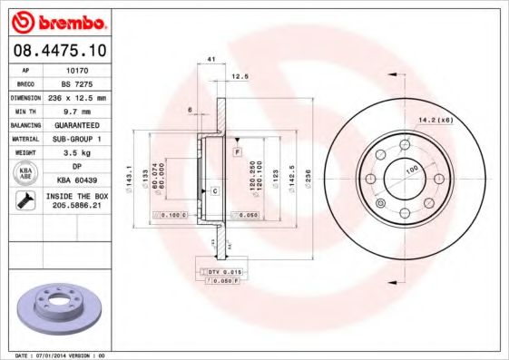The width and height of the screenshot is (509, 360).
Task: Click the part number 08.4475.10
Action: click(x=61, y=49)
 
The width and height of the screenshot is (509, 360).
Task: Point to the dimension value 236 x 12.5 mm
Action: click(x=77, y=96)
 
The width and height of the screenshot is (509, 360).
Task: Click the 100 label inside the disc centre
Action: click(x=410, y=170)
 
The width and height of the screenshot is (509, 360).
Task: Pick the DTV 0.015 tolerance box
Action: click(x=221, y=272)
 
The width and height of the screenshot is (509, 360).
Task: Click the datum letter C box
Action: click(x=214, y=191)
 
